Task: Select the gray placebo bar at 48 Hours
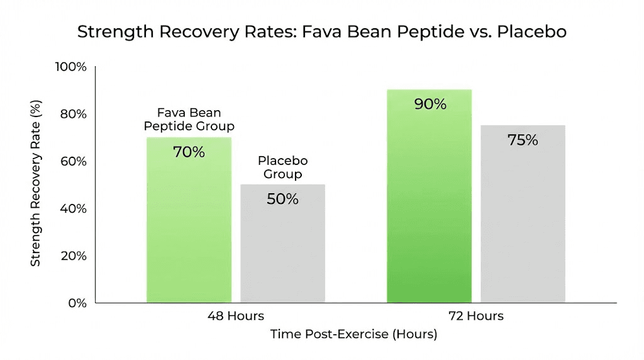coord(282,252)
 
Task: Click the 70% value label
coord(189,152)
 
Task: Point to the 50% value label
coord(282,199)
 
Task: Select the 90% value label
coord(430,104)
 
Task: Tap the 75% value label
coord(523,140)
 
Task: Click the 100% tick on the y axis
coord(71,67)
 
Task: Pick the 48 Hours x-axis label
coord(236,316)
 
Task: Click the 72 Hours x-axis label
coord(475,316)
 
